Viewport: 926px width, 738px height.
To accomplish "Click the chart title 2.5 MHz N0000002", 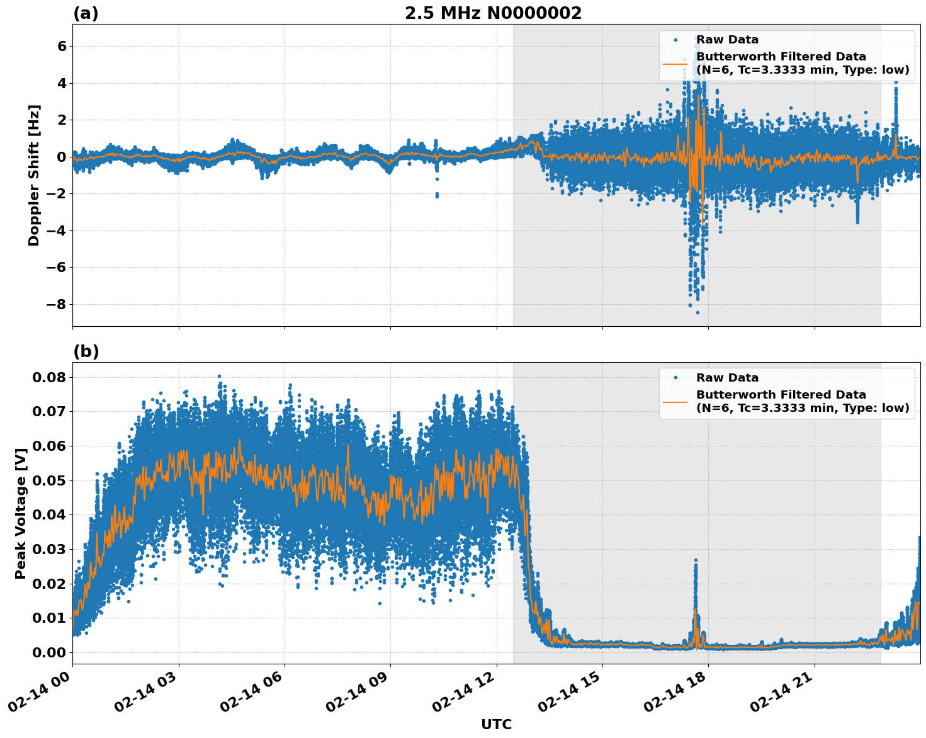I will tap(493, 13).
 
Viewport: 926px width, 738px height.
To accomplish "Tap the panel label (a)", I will tap(86, 13).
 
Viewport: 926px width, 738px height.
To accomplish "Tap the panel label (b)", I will tap(86, 351).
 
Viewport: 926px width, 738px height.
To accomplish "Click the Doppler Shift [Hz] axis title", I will tap(34, 175).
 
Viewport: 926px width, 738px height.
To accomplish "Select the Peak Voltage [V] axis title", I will tap(21, 513).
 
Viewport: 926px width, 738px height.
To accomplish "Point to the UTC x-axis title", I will tap(496, 724).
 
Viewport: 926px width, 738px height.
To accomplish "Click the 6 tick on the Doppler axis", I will tap(62, 47).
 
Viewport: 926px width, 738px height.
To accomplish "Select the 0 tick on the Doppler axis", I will tap(62, 157).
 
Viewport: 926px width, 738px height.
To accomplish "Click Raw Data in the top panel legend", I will tap(727, 40).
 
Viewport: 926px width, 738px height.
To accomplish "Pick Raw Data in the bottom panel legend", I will tap(727, 378).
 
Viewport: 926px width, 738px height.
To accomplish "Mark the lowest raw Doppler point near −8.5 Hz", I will tap(697, 312).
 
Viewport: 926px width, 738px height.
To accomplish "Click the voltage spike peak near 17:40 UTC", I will tap(696, 559).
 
